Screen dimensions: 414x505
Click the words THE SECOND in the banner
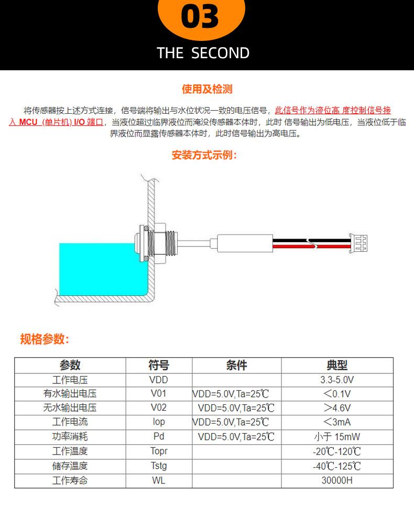[x=203, y=53]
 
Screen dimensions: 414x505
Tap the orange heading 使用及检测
[x=207, y=89]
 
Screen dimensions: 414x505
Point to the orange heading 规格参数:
[x=45, y=339]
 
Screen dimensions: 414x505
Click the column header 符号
[x=159, y=366]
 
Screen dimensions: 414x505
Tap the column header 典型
[x=337, y=366]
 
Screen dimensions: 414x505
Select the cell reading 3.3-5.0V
[x=337, y=380]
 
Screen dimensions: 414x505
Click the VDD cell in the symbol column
[x=159, y=380]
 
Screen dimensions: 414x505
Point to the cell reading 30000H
[x=337, y=480]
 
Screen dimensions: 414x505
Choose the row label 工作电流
[x=70, y=422]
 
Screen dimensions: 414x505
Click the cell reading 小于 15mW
[x=337, y=436]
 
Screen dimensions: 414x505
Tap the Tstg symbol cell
[x=159, y=466]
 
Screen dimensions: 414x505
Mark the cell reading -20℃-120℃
[x=337, y=452]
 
